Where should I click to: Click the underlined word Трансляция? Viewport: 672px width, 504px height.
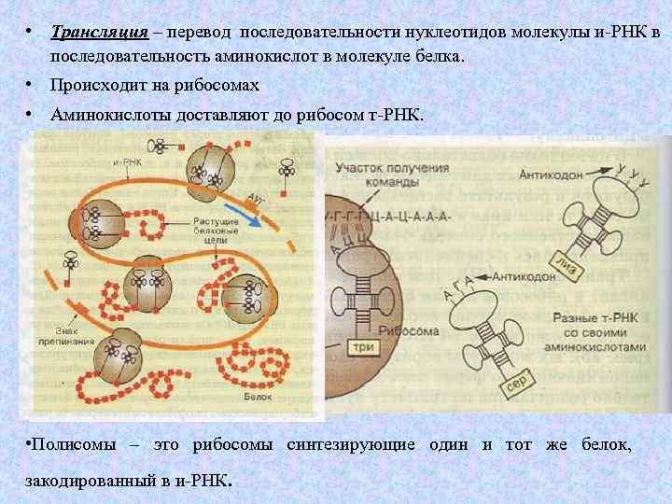tap(101, 34)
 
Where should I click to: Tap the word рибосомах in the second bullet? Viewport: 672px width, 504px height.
tap(212, 85)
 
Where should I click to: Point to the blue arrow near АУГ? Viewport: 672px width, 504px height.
tap(245, 217)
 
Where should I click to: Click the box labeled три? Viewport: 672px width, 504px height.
tap(364, 347)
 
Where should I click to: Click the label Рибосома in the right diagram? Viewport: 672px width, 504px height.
tap(416, 331)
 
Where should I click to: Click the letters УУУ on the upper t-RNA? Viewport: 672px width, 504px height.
tap(633, 175)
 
